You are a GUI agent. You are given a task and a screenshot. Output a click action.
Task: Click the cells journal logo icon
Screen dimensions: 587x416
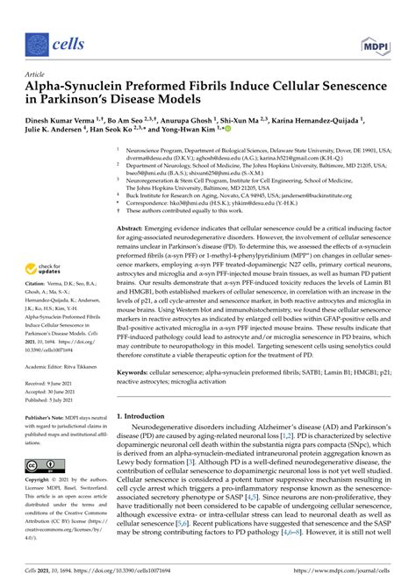pyautogui.click(x=35, y=41)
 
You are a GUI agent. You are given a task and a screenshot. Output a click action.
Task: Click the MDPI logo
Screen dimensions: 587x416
pyautogui.click(x=373, y=41)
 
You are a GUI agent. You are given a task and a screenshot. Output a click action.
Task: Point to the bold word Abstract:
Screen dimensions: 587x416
pyautogui.click(x=138, y=227)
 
